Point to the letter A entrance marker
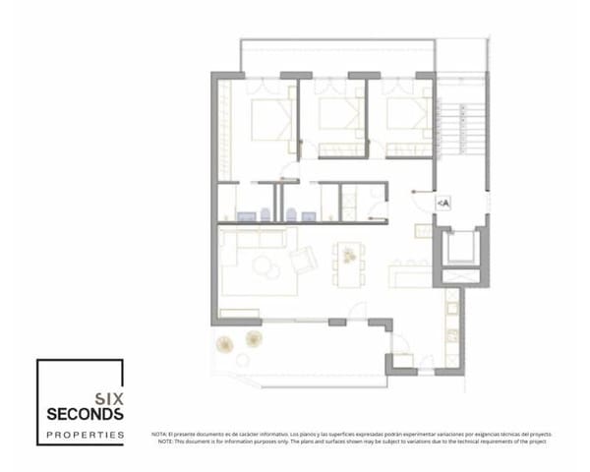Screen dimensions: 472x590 tap(443, 203)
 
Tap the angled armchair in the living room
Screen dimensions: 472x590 tap(304, 260)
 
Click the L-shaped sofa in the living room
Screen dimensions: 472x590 tap(246, 248)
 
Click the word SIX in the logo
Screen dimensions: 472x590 tap(107, 398)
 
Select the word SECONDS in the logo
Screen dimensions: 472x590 tap(85, 414)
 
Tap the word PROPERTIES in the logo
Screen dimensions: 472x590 tap(86, 433)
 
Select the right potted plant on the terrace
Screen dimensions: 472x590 tap(253, 338)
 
